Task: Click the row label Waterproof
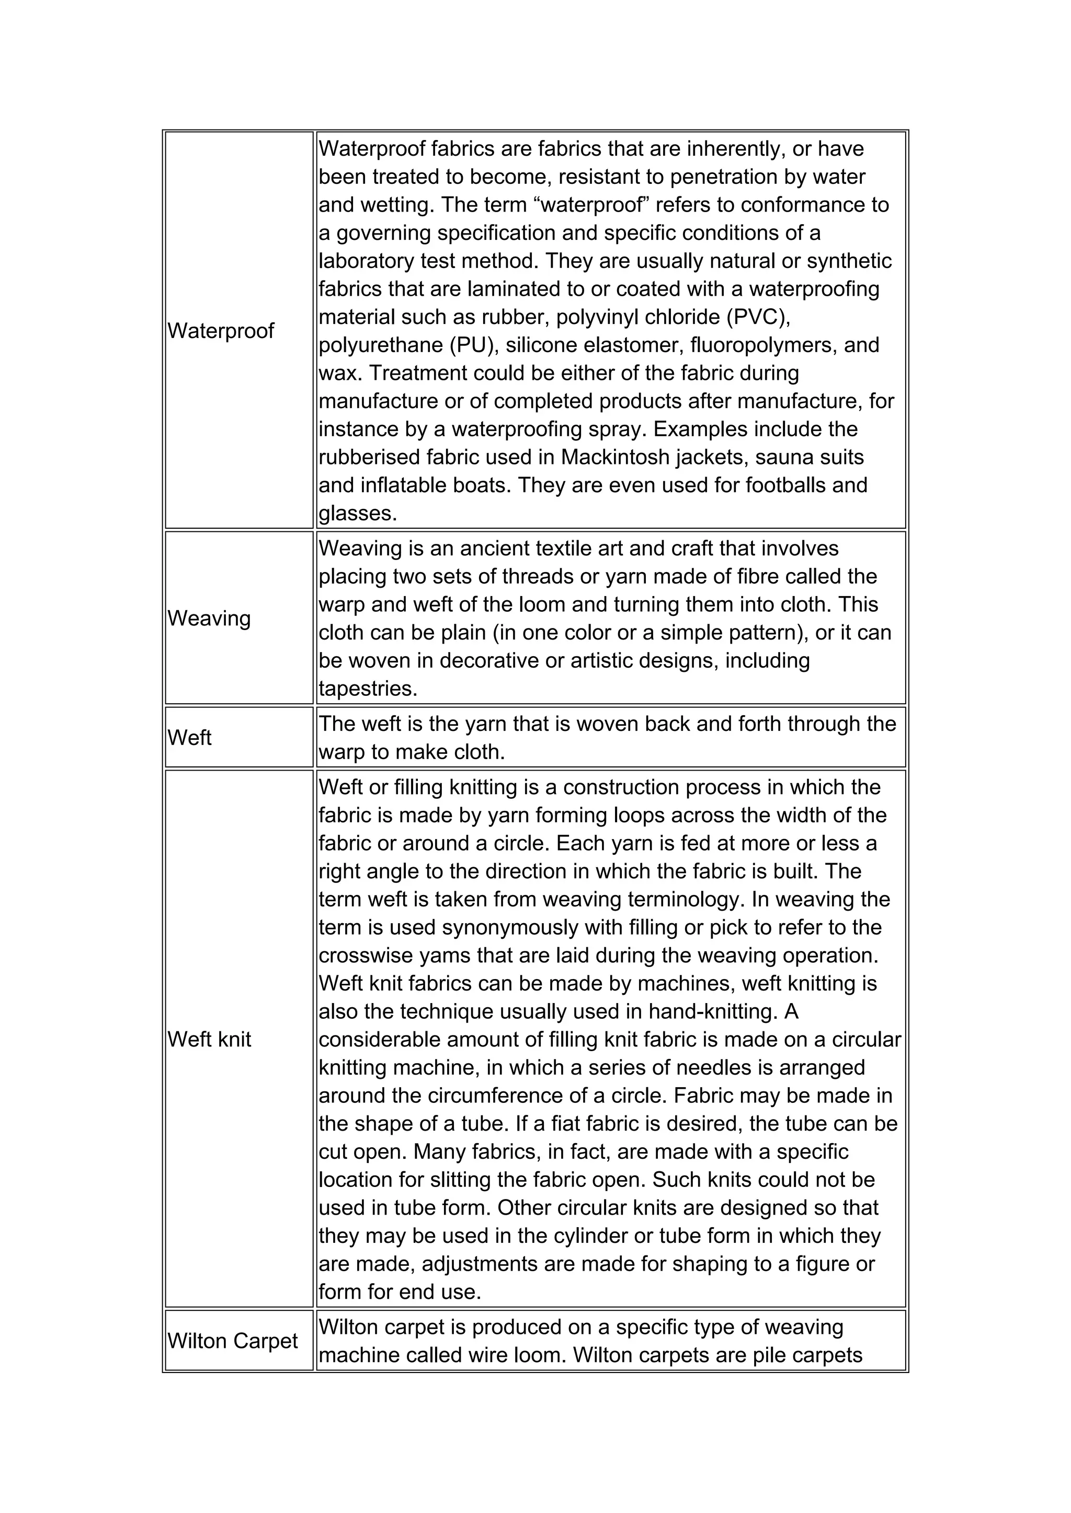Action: point(220,331)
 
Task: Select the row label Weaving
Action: point(209,618)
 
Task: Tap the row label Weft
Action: point(189,737)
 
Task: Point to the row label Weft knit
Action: point(209,1039)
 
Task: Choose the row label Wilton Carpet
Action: point(233,1341)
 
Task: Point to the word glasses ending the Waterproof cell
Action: point(358,514)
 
